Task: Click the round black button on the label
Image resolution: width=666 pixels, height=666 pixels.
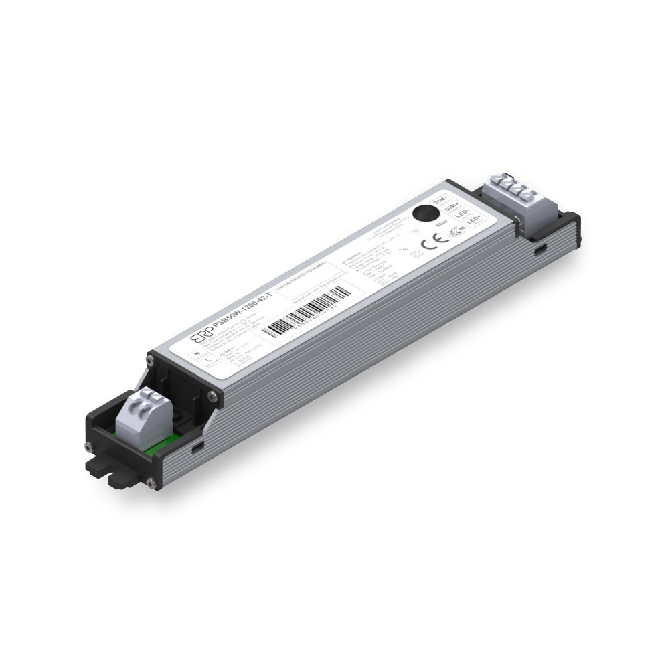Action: (423, 213)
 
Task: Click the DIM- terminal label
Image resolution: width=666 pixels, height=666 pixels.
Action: (440, 199)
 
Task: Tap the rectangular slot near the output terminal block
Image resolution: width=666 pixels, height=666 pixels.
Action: (539, 250)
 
